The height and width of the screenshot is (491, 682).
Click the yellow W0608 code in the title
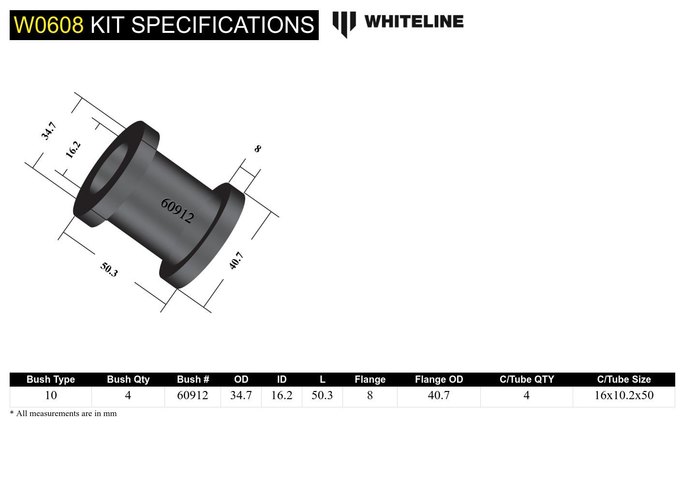click(x=48, y=25)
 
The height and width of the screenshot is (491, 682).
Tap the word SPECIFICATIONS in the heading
click(x=222, y=25)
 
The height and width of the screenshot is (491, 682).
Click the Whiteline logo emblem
click(x=344, y=24)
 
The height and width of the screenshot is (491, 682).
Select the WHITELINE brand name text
click(x=414, y=22)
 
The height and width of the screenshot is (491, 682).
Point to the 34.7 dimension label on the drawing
click(x=49, y=131)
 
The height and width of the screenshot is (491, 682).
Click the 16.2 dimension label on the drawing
click(x=73, y=150)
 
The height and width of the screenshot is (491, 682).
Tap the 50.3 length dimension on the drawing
click(x=109, y=269)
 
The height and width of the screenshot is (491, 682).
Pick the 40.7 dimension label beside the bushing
click(x=236, y=260)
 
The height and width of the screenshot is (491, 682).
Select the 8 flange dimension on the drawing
click(x=257, y=149)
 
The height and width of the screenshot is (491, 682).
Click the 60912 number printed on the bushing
click(x=177, y=211)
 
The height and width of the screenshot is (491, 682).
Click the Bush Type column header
click(x=51, y=379)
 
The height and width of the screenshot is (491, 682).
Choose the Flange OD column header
click(x=439, y=379)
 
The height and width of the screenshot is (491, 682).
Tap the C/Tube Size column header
click(x=623, y=379)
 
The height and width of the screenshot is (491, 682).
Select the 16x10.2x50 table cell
click(x=623, y=395)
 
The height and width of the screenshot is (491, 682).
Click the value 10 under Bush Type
click(x=51, y=395)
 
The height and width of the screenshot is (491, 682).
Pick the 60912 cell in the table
click(x=193, y=395)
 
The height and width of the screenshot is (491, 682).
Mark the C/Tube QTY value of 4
click(x=526, y=395)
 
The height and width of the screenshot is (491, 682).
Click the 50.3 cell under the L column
click(x=322, y=395)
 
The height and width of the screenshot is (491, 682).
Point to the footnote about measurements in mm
click(x=63, y=414)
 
